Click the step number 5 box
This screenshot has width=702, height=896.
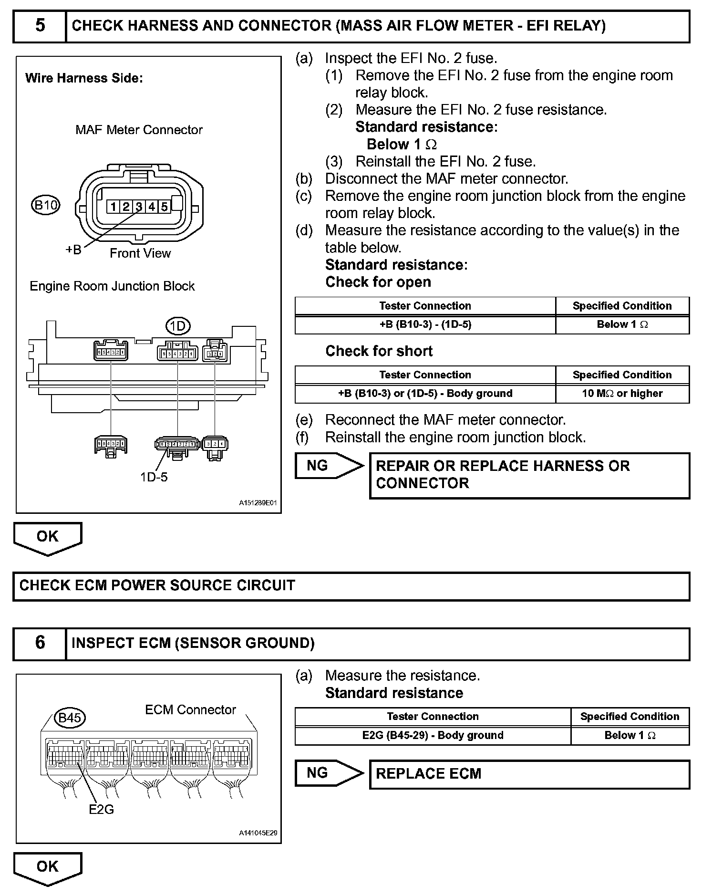pyautogui.click(x=40, y=25)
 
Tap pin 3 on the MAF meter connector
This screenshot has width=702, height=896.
pyautogui.click(x=139, y=207)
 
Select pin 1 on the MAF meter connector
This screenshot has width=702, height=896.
pyautogui.click(x=113, y=207)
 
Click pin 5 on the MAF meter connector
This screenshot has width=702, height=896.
pyautogui.click(x=164, y=207)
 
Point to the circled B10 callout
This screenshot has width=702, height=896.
pyautogui.click(x=46, y=205)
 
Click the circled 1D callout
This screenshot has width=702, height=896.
pyautogui.click(x=177, y=326)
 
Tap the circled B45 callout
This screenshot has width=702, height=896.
pyautogui.click(x=70, y=718)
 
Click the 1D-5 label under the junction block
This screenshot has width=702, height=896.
pyautogui.click(x=154, y=477)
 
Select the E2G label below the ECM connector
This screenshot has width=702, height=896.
pyautogui.click(x=101, y=809)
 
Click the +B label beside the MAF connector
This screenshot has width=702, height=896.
pyautogui.click(x=73, y=250)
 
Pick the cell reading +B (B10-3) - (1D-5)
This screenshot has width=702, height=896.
pyautogui.click(x=425, y=324)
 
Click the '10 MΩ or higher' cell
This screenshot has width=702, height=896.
pyautogui.click(x=622, y=394)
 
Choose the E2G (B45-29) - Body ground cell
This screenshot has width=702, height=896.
pyautogui.click(x=433, y=735)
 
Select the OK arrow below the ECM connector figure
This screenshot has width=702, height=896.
pyautogui.click(x=48, y=867)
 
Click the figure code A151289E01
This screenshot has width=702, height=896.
pyautogui.click(x=258, y=503)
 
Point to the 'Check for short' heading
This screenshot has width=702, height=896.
pyautogui.click(x=379, y=351)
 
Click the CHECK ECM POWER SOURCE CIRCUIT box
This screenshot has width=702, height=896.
pyautogui.click(x=351, y=585)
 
